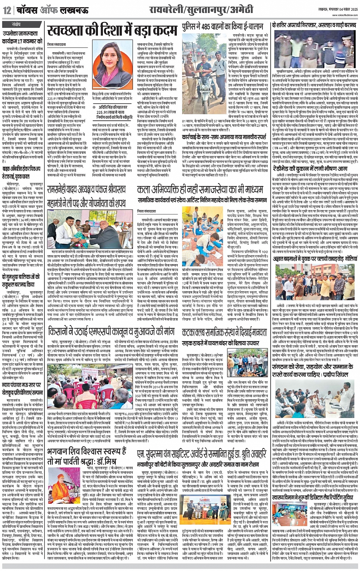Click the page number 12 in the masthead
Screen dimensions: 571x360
point(7,10)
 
